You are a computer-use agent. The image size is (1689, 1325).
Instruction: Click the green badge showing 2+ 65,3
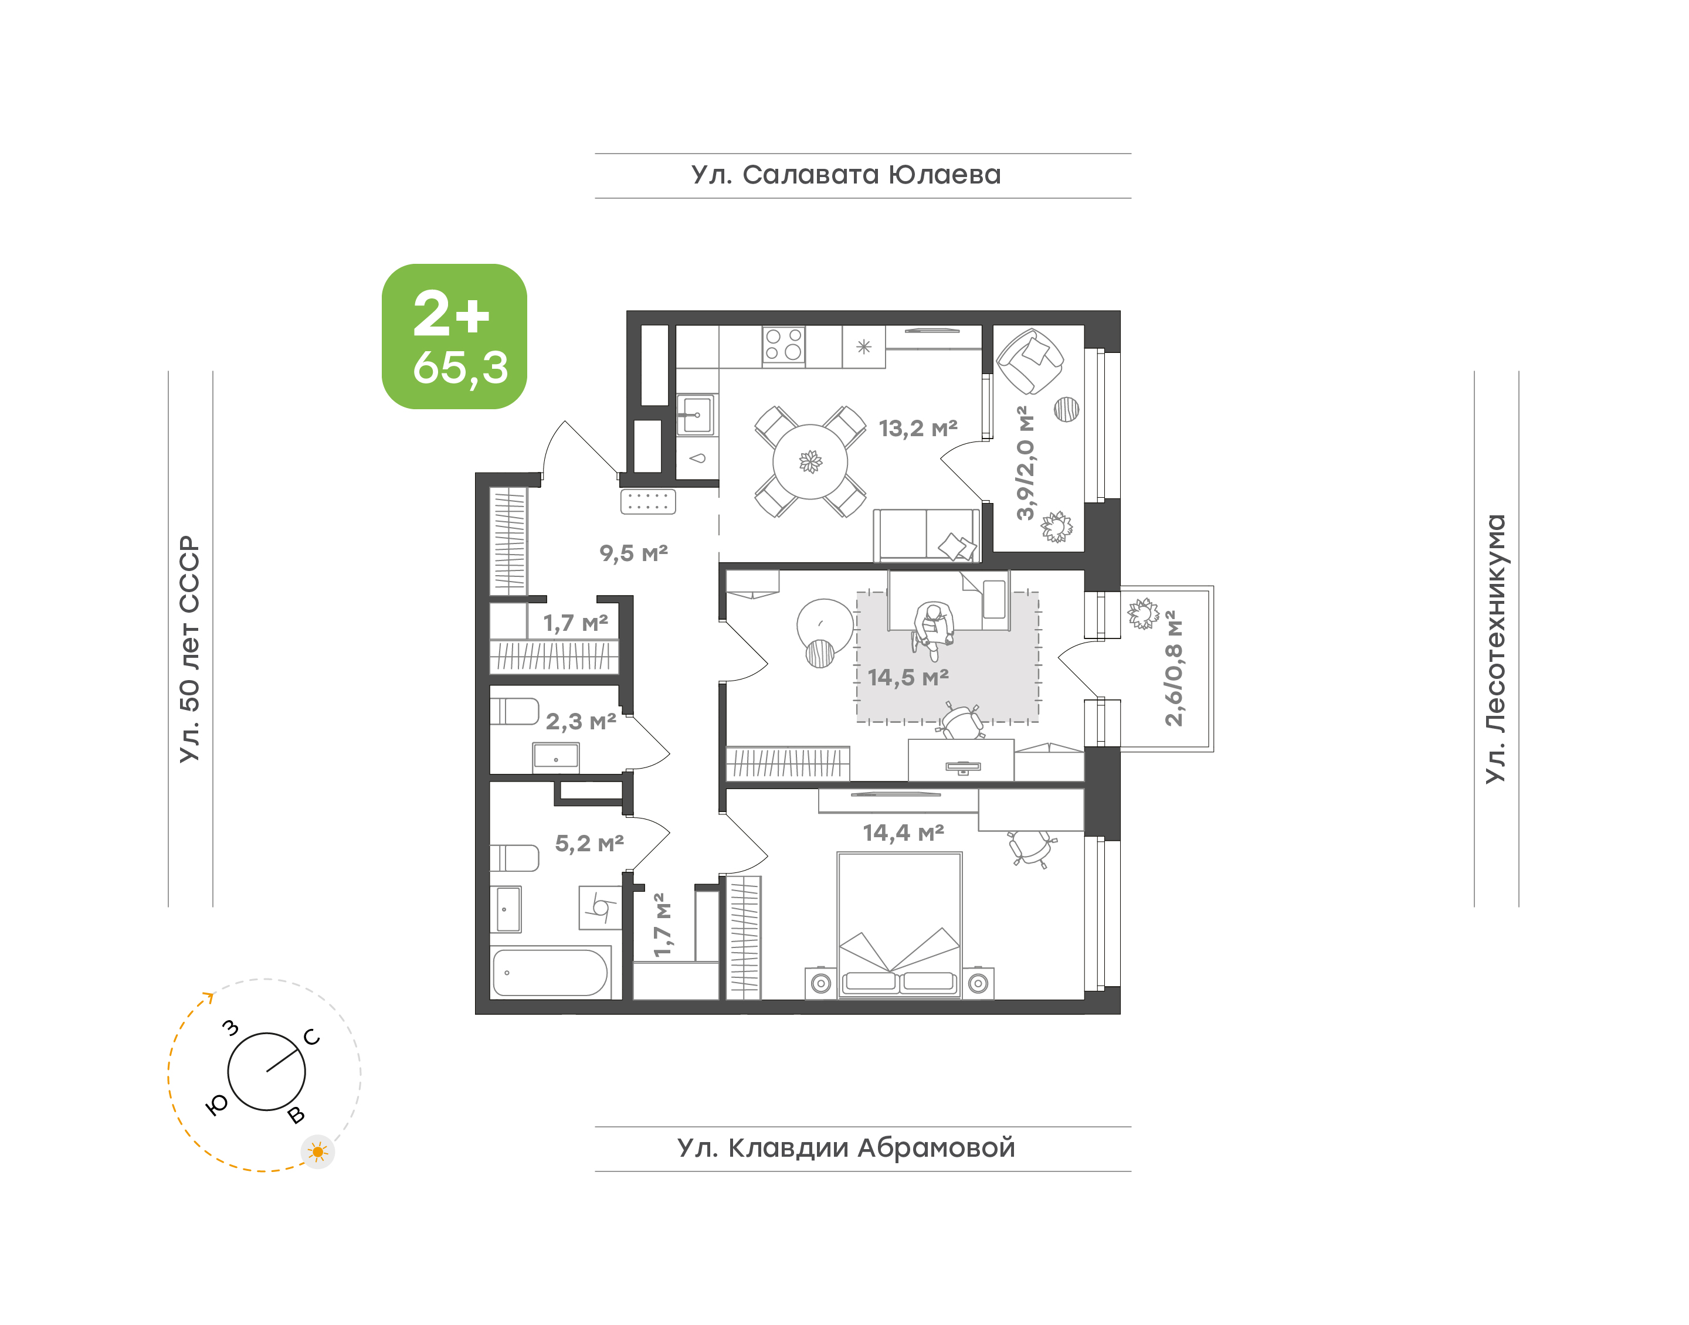point(454,336)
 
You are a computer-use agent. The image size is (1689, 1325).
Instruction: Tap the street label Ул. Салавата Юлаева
point(846,175)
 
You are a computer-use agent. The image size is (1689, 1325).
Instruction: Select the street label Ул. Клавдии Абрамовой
point(846,1147)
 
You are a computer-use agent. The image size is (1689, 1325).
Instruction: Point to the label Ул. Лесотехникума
point(1495,648)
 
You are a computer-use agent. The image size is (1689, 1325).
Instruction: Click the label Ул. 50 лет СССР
point(189,648)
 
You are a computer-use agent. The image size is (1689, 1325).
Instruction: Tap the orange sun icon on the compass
point(317,1152)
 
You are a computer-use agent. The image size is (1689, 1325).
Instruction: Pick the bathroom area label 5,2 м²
point(589,843)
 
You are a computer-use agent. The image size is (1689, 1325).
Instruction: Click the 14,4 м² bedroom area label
point(903,833)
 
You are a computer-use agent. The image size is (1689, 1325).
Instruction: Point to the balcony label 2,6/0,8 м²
point(1174,668)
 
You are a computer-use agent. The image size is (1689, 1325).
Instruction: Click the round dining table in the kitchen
point(810,461)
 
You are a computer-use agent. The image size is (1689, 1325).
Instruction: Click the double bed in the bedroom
point(899,925)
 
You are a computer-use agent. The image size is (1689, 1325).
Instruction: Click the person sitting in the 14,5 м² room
point(932,630)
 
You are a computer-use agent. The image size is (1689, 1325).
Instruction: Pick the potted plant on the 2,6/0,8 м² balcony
point(1143,614)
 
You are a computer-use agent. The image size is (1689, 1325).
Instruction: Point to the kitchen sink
point(697,415)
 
